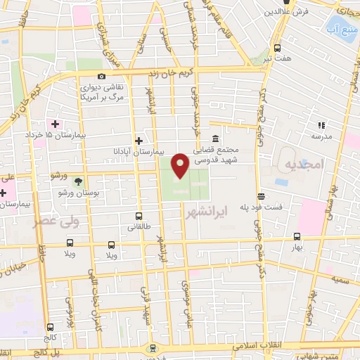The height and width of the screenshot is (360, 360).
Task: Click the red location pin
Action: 180,165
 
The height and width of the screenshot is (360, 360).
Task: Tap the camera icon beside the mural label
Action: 102,76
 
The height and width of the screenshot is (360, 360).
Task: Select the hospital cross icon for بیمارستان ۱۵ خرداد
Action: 55,124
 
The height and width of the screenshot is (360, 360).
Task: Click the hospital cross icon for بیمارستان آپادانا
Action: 139,141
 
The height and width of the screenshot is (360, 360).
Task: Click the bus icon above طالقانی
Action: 139,217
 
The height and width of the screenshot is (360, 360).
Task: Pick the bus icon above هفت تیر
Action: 277,49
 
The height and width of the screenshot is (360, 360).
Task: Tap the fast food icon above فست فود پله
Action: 261,196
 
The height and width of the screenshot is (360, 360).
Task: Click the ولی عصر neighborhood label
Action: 53,222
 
